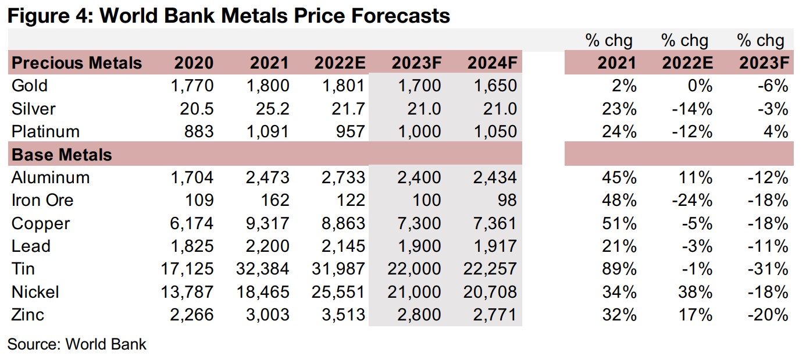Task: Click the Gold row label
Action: [x=30, y=85]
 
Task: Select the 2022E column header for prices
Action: [x=339, y=63]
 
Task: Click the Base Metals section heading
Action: [x=62, y=155]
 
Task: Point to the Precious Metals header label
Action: [x=77, y=63]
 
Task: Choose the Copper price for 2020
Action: [x=188, y=223]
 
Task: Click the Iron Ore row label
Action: [x=42, y=201]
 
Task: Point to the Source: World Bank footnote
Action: [x=77, y=344]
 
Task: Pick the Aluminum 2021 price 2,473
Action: [x=264, y=177]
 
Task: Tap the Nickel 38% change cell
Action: [x=696, y=292]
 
